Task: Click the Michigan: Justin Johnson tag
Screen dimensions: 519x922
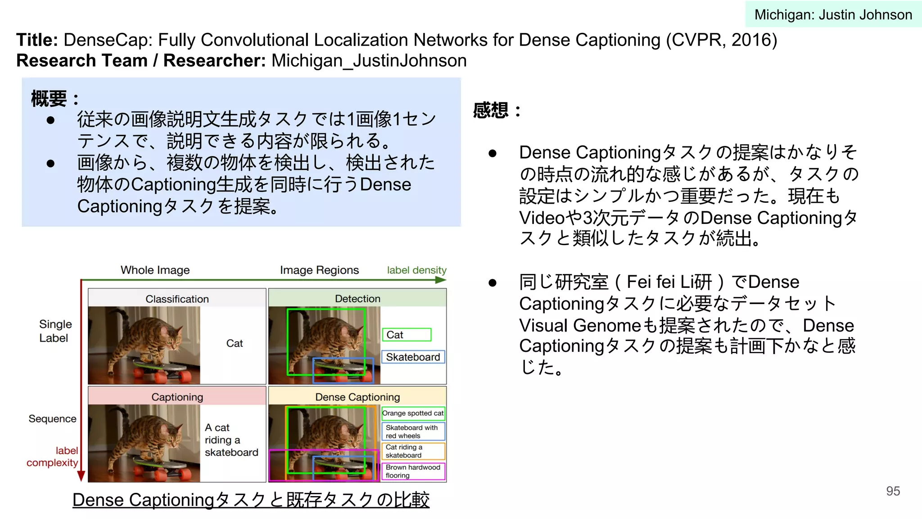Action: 833,14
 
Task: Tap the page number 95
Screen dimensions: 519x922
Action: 893,491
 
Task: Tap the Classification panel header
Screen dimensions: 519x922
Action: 177,299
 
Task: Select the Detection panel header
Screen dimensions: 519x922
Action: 357,298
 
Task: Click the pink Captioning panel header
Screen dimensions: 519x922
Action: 177,397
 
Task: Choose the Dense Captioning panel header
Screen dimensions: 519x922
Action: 357,397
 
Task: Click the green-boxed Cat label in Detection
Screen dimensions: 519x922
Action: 406,335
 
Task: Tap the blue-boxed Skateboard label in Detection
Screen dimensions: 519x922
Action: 413,357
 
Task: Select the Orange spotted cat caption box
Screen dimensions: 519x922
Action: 413,413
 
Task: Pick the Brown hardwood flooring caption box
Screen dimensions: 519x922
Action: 413,471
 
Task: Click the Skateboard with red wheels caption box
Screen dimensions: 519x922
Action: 413,432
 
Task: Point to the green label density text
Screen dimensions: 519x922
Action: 416,270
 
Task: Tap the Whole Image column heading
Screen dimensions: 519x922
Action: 155,270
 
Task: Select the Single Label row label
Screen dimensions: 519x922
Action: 55,331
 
